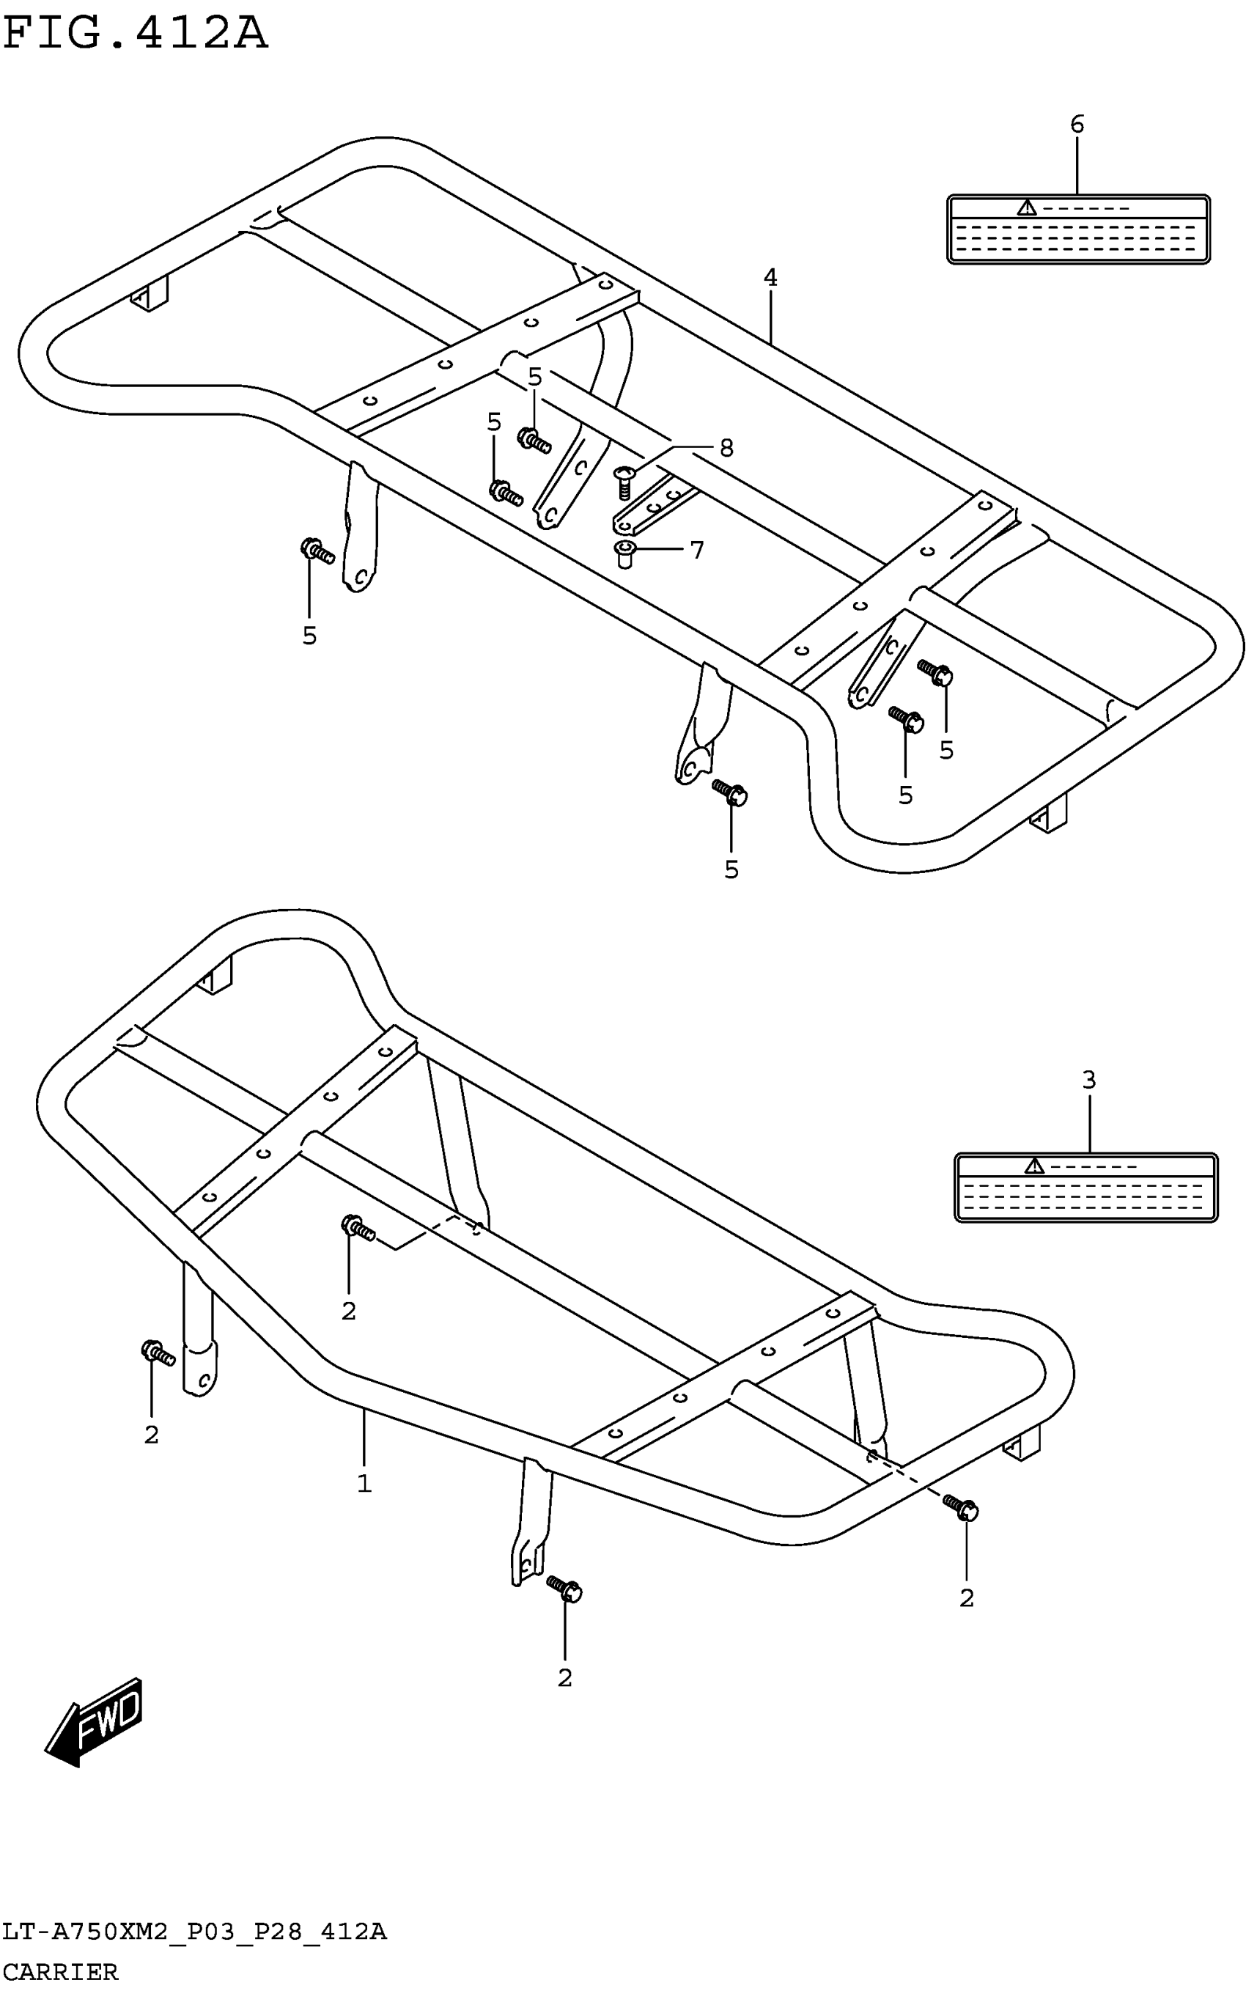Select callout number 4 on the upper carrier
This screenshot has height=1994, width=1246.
click(x=770, y=278)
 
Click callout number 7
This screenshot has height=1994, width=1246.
click(x=697, y=550)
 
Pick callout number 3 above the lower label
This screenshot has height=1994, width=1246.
click(x=1088, y=1079)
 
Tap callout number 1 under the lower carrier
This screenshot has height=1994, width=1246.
click(x=364, y=1484)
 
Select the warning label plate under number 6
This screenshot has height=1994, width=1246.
click(x=1078, y=229)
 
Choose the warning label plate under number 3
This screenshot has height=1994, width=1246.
click(x=1085, y=1187)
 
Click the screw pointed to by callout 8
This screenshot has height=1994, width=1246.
click(x=625, y=481)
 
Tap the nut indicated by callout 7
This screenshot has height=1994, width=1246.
click(x=626, y=553)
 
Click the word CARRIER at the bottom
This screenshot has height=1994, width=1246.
click(x=60, y=1972)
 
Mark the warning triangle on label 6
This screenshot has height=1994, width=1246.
click(x=1026, y=207)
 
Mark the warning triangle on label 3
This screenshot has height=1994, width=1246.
click(x=1033, y=1166)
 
